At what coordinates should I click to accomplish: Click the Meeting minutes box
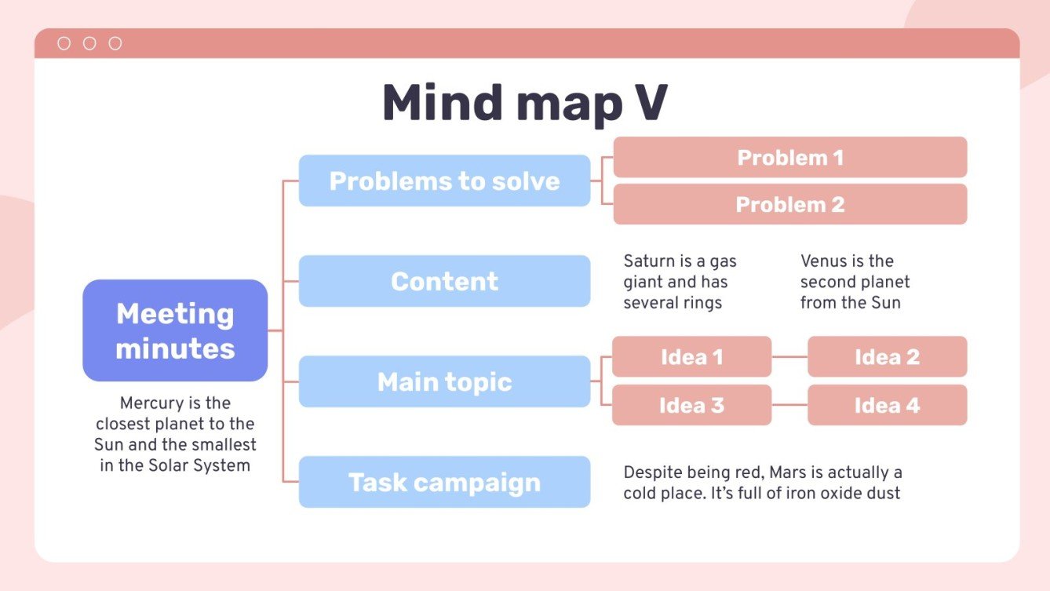(175, 330)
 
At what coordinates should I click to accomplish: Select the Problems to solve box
(444, 181)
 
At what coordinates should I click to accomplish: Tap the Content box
(444, 281)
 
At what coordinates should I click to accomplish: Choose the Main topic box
(444, 381)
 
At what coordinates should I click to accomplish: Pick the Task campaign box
(444, 482)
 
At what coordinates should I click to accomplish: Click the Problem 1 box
(789, 157)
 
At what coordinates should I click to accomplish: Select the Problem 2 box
(789, 204)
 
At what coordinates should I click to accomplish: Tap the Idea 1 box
(691, 357)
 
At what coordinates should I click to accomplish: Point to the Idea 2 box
(887, 357)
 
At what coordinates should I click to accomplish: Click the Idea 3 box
(691, 405)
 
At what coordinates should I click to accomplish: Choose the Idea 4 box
(887, 405)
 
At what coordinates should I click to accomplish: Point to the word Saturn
(647, 261)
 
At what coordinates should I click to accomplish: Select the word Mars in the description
(786, 472)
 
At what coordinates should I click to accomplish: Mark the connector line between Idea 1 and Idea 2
(789, 357)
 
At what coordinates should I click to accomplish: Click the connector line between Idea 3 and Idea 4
(789, 405)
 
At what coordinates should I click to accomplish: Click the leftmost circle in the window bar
(64, 44)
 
